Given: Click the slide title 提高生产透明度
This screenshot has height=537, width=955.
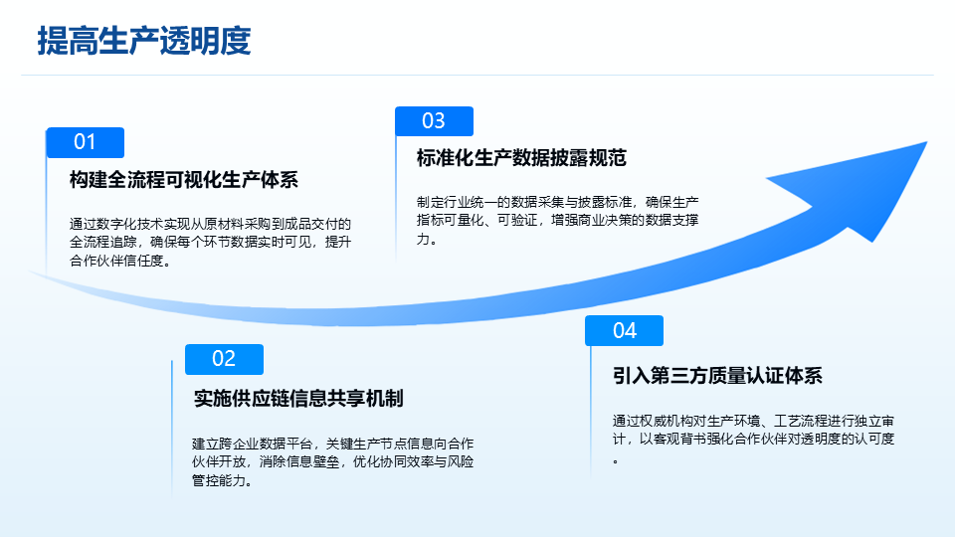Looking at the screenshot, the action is tap(144, 41).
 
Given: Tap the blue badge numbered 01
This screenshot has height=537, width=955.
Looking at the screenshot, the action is tap(86, 142).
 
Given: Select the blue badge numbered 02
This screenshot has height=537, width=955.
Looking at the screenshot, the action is tap(224, 359).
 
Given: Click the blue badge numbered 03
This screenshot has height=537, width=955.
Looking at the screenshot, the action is tap(435, 121).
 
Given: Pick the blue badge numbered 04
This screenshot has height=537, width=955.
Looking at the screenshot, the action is tap(625, 330).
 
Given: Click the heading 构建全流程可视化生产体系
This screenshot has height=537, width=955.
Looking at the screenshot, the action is tap(184, 180).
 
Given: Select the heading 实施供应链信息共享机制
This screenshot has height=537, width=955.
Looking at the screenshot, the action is tap(298, 399).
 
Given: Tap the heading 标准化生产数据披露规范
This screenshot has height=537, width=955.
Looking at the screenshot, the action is tap(521, 158).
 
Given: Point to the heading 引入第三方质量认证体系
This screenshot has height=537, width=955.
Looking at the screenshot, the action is tap(717, 376).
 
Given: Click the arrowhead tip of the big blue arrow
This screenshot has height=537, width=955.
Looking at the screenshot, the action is tap(926, 142).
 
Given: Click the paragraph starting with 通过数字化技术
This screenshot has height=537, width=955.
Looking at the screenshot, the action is tap(210, 243).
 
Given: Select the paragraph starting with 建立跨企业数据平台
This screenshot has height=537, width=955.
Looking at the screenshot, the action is tap(332, 462).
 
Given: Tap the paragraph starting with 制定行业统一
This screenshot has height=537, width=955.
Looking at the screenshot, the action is tap(557, 221).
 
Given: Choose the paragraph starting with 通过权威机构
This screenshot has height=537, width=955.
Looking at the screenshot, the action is tap(753, 440).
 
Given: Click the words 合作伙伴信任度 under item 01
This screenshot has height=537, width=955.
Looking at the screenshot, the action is tap(116, 261).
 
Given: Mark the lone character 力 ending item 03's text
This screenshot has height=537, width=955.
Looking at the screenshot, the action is tap(423, 239).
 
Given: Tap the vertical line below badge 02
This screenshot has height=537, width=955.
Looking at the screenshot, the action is tap(172, 430).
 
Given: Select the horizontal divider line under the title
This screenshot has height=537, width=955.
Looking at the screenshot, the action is tap(477, 76).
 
